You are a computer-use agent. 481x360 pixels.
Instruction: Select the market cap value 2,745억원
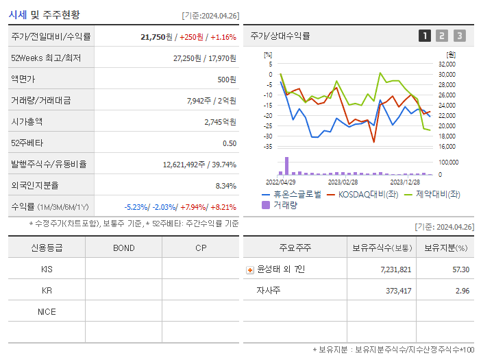[x=220, y=122]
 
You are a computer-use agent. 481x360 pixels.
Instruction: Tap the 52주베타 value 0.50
[x=230, y=143]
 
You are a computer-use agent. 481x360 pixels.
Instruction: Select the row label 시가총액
[x=27, y=122]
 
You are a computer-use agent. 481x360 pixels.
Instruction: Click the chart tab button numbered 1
[x=425, y=36]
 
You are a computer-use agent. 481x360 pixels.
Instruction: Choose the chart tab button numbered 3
[x=459, y=36]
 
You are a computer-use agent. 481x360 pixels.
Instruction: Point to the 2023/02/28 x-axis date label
[x=343, y=182]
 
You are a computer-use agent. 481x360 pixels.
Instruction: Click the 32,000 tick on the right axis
[x=446, y=64]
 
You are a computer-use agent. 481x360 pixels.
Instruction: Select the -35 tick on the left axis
[x=269, y=146]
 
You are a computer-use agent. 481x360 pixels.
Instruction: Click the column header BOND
[x=123, y=248]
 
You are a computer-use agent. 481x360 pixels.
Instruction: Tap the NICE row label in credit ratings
[x=47, y=311]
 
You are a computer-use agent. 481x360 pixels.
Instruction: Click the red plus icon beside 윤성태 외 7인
[x=249, y=269]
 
